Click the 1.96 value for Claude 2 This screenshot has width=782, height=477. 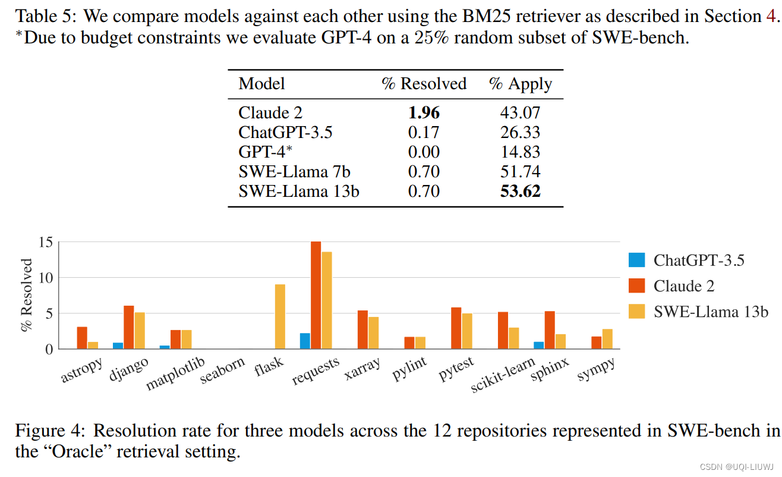pyautogui.click(x=424, y=112)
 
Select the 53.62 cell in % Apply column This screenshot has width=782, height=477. pyautogui.click(x=521, y=192)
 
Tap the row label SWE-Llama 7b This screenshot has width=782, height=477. pyautogui.click(x=294, y=172)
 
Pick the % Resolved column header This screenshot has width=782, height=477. pyautogui.click(x=424, y=84)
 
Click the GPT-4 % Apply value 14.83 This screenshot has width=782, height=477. pyautogui.click(x=521, y=152)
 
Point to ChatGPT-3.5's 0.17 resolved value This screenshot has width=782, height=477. pyautogui.click(x=424, y=132)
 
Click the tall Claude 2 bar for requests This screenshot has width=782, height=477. pyautogui.click(x=316, y=295)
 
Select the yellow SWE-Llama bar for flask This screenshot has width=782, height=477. pyautogui.click(x=280, y=316)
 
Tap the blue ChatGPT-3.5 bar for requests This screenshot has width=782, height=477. pyautogui.click(x=305, y=341)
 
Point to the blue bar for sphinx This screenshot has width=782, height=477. pyautogui.click(x=538, y=345)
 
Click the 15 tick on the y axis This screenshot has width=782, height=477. pyautogui.click(x=46, y=243)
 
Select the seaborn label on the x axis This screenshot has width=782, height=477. pyautogui.click(x=222, y=370)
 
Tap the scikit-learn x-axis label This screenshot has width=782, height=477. pyautogui.click(x=502, y=376)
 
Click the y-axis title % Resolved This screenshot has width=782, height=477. pyautogui.click(x=27, y=295)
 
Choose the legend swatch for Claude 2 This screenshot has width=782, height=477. pyautogui.click(x=636, y=286)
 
